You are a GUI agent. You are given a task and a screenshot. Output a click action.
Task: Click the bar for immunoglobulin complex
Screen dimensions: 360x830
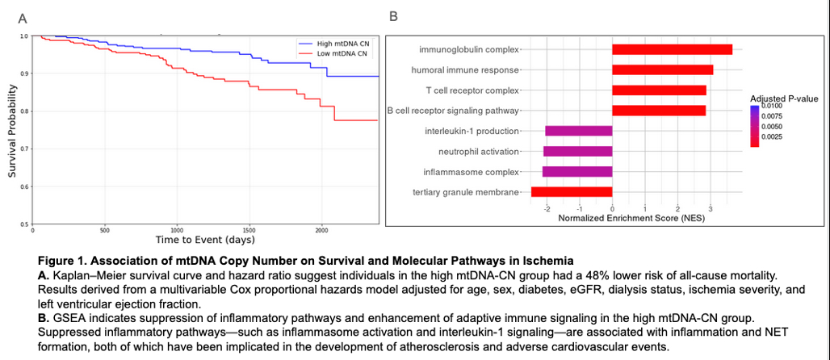point(672,49)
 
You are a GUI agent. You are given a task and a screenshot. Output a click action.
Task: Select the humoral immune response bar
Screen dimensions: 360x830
point(662,69)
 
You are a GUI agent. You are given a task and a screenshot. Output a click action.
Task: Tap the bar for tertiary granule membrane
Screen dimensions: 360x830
point(571,191)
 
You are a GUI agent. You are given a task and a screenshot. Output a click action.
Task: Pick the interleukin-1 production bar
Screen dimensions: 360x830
point(578,131)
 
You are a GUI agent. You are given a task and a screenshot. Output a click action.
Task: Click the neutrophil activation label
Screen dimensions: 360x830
point(479,151)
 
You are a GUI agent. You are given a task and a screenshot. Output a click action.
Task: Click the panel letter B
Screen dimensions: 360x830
point(393,15)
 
